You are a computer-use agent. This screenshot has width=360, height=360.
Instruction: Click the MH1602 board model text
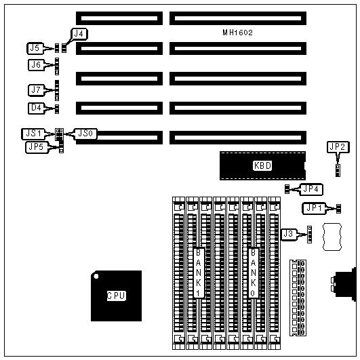click(238, 33)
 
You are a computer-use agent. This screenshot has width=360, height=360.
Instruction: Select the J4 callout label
click(79, 34)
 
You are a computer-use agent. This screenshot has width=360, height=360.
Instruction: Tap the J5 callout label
click(35, 48)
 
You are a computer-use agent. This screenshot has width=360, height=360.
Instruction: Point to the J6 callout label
click(36, 64)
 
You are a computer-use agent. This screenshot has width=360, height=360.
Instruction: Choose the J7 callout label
click(36, 89)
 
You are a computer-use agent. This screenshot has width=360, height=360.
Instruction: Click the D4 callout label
click(36, 108)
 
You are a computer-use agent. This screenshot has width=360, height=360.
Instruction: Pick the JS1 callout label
click(33, 134)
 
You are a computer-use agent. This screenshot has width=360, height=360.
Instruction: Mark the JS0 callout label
click(85, 134)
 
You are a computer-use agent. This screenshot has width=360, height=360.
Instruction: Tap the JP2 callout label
click(338, 147)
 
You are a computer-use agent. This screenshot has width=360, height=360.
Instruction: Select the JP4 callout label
click(311, 189)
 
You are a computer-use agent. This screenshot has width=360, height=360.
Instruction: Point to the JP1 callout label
click(314, 208)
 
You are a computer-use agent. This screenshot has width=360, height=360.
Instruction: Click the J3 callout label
click(289, 235)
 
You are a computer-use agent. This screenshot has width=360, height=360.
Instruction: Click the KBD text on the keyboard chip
click(262, 165)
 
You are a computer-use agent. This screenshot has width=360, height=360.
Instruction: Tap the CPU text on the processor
click(117, 296)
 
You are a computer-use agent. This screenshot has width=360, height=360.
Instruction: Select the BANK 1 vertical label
click(199, 273)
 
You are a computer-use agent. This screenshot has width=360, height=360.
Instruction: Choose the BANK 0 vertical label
click(254, 273)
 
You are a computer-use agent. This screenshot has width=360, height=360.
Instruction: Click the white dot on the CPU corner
click(96, 276)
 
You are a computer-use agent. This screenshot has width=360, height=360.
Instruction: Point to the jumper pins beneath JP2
click(338, 170)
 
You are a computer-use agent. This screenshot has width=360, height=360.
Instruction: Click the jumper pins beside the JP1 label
click(338, 209)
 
